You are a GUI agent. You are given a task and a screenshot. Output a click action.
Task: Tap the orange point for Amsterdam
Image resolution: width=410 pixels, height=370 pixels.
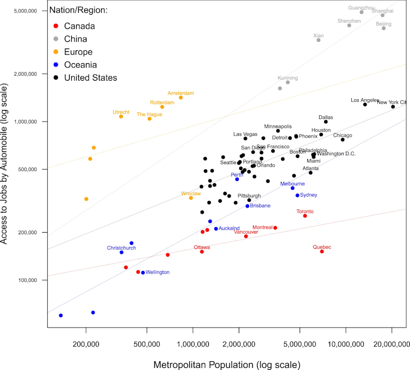[x=181, y=98]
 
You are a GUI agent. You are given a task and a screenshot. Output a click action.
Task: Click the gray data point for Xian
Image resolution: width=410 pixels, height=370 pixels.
[x=319, y=40]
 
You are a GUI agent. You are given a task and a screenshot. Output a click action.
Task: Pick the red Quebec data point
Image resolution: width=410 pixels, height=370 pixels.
[x=322, y=251]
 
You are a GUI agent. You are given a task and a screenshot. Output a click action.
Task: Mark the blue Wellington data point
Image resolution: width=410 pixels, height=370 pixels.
[x=143, y=272]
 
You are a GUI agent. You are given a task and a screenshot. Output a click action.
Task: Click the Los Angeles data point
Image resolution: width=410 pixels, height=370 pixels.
[x=365, y=104]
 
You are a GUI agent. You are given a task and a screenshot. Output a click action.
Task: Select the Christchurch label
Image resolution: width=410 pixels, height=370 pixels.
[x=121, y=248]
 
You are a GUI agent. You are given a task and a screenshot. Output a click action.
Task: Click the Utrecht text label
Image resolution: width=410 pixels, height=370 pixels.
[x=121, y=112]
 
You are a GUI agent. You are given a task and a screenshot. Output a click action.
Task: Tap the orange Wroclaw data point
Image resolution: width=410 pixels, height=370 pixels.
[x=191, y=198]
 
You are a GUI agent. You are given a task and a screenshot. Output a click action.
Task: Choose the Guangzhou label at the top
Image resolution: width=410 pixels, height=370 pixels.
[x=362, y=8]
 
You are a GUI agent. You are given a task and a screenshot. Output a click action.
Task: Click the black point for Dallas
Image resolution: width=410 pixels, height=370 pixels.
[x=326, y=122]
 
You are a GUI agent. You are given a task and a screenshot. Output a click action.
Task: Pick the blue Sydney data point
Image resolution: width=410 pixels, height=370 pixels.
[x=297, y=195]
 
